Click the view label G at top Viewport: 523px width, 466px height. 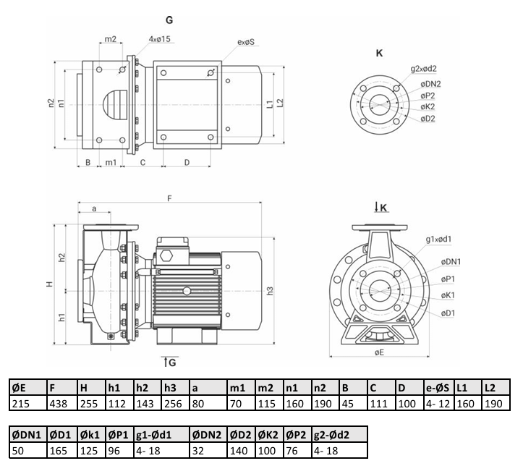point(169,20)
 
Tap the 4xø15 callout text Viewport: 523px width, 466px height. point(159,39)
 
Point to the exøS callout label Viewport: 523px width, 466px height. point(246,42)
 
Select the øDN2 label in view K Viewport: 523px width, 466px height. point(430,84)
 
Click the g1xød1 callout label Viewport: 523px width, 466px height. point(438,240)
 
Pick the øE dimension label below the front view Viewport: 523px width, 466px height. point(379,352)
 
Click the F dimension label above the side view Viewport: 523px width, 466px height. point(169,199)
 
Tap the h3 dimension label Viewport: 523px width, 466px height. point(270,291)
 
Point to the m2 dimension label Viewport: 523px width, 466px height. point(111,39)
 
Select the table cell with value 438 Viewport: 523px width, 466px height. point(58,404)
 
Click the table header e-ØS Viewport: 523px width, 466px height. point(437,388)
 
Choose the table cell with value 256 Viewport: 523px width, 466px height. point(173,404)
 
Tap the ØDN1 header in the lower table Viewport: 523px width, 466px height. point(26,435)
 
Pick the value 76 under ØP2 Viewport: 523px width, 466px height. point(292,451)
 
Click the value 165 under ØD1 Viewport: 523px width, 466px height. point(58,451)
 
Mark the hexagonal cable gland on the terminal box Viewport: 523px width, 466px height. point(166,256)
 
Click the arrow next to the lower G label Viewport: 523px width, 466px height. point(166,362)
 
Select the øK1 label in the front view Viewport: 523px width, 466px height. point(448,295)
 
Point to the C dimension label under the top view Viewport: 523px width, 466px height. point(143,163)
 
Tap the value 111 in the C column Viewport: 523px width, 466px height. point(378,404)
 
